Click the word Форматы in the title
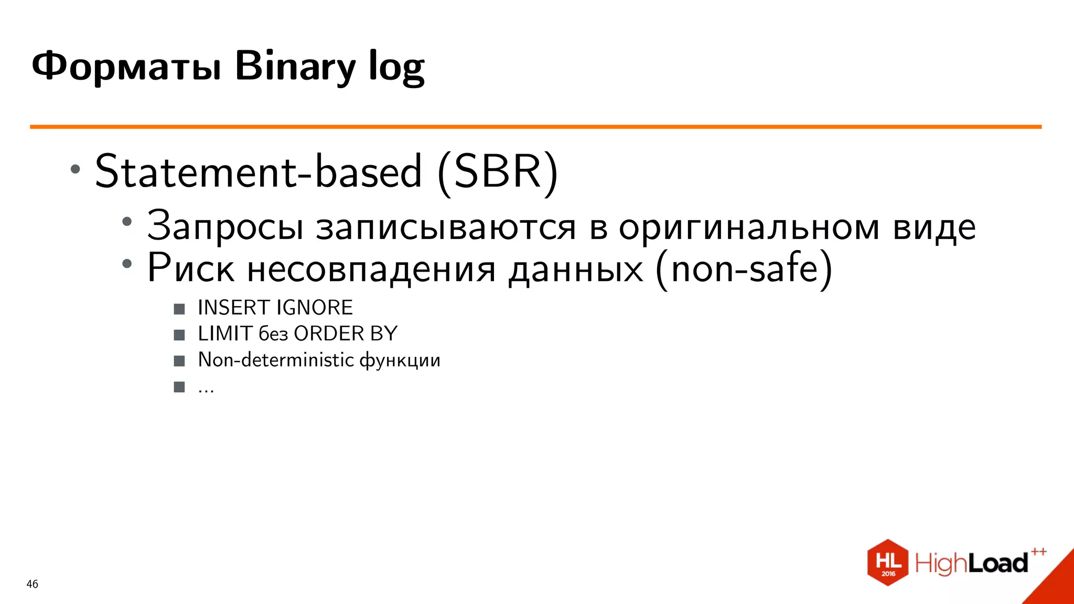tap(126, 67)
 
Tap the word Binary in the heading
tap(295, 67)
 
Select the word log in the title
tap(396, 67)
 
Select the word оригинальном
tap(748, 227)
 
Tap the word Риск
tap(190, 268)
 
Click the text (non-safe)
tap(744, 268)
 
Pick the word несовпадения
tap(371, 268)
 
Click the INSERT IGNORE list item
tap(275, 308)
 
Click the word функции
tap(400, 360)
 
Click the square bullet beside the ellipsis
tap(179, 387)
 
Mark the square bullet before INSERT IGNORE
tap(179, 309)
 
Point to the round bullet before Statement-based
tap(76, 169)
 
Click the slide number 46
tap(32, 584)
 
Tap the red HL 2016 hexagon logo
tap(888, 563)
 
